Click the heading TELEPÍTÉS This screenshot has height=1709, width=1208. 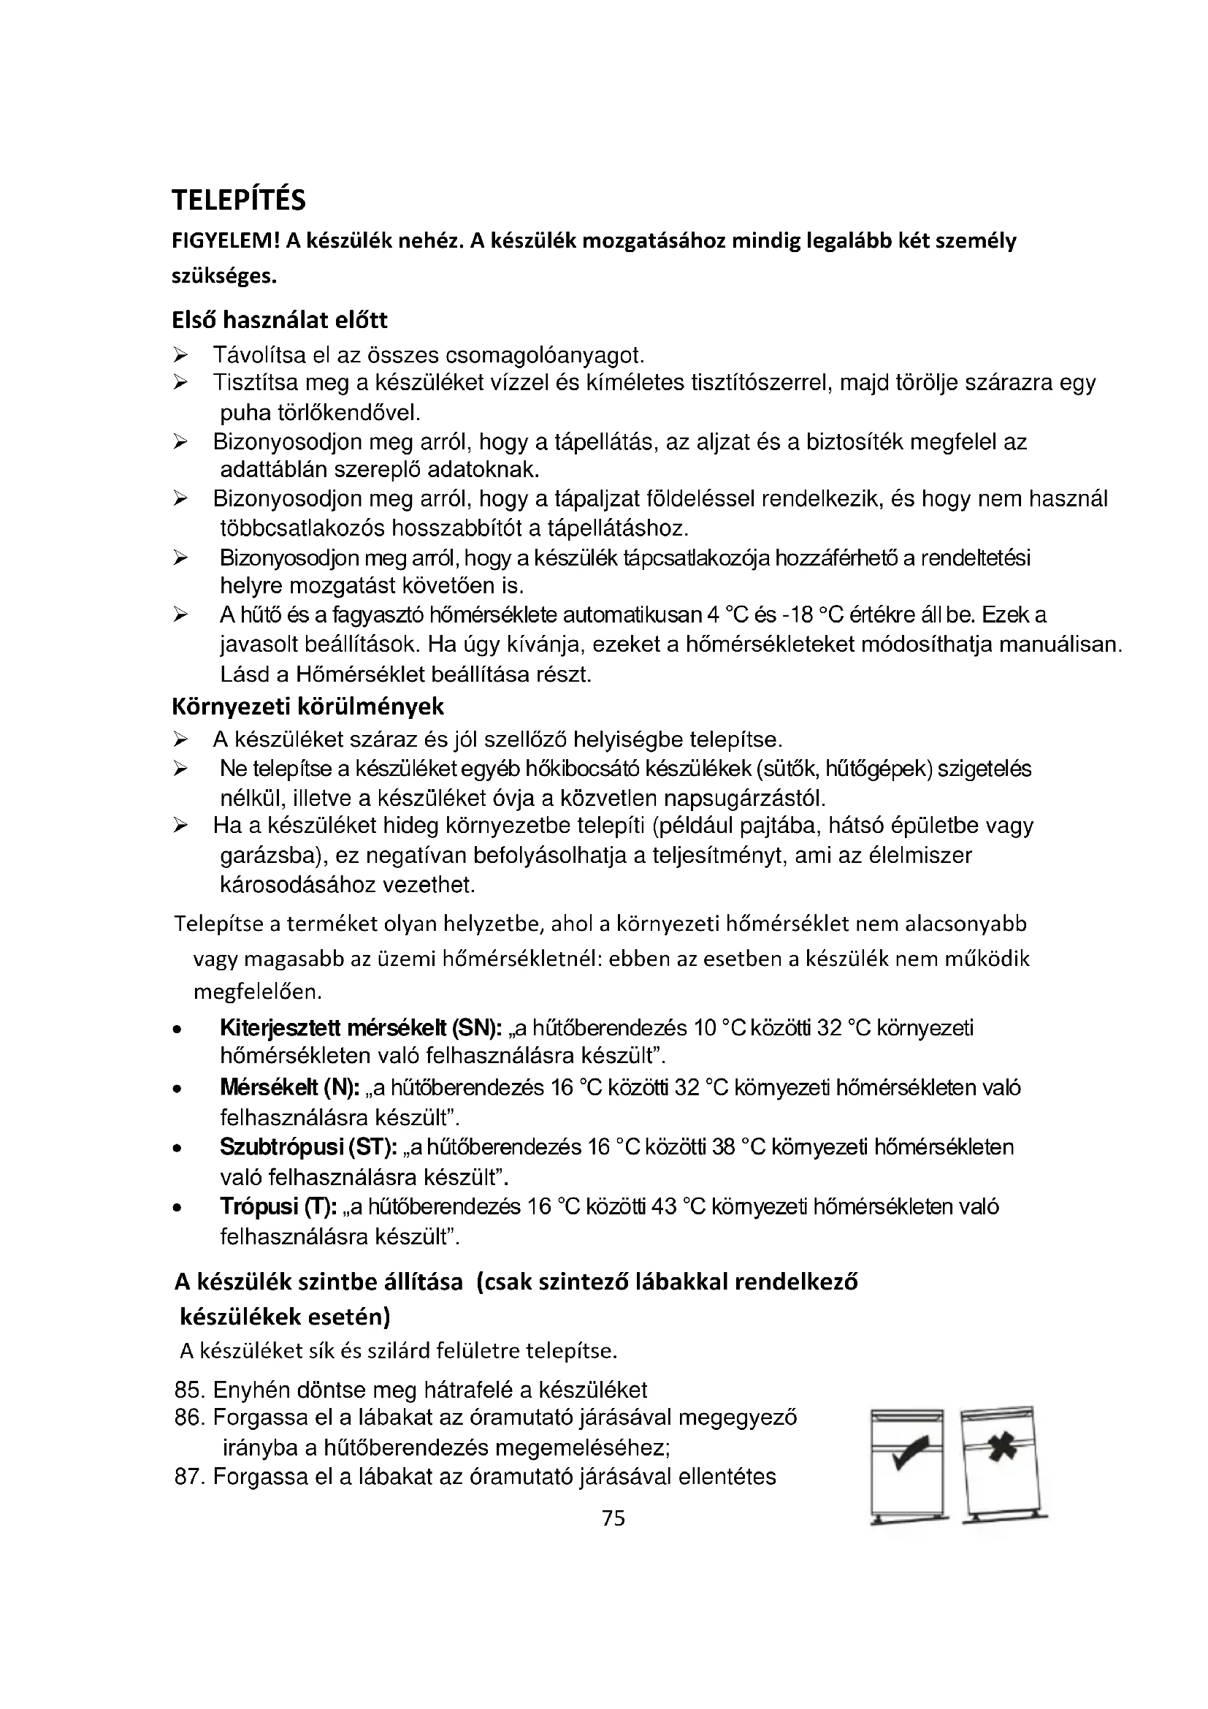[238, 200]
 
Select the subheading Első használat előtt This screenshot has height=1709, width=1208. [280, 320]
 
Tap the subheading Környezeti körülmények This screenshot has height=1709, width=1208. [308, 706]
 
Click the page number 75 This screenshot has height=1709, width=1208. [613, 1518]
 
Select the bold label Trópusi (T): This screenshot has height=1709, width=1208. [279, 1206]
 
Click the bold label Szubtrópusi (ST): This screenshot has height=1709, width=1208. [309, 1147]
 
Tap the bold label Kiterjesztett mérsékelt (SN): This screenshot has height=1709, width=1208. [362, 1028]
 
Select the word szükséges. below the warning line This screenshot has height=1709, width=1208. [224, 276]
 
